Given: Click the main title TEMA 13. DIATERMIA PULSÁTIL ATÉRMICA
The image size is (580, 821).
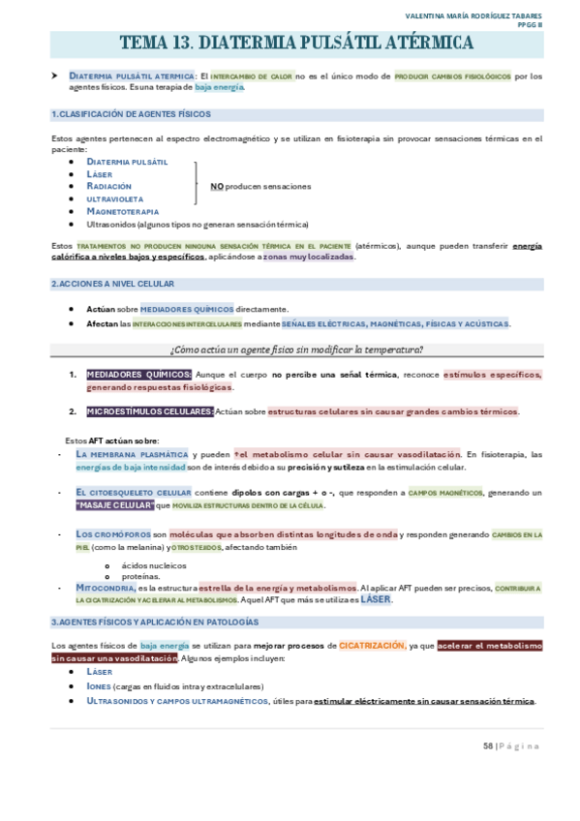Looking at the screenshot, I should point(296,44).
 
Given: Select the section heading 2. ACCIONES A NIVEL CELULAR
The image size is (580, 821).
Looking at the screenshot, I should point(112,284).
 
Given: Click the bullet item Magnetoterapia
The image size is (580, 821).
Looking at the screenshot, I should point(122,211).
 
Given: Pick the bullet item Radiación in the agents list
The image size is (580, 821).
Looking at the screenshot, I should point(108,186).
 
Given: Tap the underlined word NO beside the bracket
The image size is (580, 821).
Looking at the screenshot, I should point(217,186).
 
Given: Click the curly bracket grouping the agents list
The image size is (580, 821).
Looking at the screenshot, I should point(198,186).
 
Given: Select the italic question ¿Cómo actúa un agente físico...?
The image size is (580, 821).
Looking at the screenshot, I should point(296,350).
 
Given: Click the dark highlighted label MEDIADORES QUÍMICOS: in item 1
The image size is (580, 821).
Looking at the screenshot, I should point(139,375).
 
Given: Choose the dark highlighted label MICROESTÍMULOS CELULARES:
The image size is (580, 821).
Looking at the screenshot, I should point(150,411).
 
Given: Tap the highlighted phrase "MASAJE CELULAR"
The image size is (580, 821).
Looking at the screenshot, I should point(114,504).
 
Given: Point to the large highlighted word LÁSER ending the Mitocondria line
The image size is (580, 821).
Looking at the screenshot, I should point(377,600).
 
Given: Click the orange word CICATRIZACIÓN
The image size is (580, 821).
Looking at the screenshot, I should point(372,645).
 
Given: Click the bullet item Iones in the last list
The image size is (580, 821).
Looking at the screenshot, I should point(99,685).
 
